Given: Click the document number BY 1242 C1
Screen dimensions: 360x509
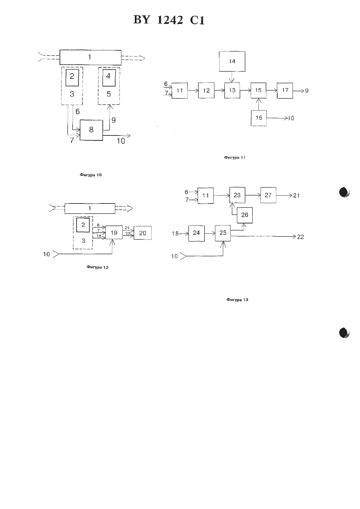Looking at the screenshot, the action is (x=169, y=20).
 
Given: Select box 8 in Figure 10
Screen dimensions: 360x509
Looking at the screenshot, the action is (x=91, y=130).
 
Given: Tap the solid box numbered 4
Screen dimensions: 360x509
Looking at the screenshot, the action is (x=109, y=78).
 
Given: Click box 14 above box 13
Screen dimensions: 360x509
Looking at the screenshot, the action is (x=232, y=61).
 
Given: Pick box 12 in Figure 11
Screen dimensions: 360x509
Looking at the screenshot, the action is (x=206, y=90).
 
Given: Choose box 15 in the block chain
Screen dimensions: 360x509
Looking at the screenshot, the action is (x=259, y=90).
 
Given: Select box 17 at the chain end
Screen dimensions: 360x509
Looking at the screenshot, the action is (x=285, y=90).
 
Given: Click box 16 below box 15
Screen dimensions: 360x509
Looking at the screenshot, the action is (x=259, y=118).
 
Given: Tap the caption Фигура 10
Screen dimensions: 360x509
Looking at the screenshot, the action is (x=90, y=175).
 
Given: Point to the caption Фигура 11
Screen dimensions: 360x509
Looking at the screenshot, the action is (x=235, y=157).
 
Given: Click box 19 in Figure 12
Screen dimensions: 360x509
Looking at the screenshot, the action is (x=114, y=233).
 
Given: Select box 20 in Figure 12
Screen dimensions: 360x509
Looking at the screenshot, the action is (x=142, y=233).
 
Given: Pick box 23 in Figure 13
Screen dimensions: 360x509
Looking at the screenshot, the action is (x=237, y=195).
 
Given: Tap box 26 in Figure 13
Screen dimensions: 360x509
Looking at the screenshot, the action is (x=244, y=215).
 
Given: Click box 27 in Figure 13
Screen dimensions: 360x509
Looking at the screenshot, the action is (x=268, y=195).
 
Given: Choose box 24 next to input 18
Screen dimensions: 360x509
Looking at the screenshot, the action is (x=196, y=233).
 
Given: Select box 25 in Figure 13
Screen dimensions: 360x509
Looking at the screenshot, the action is (x=223, y=233).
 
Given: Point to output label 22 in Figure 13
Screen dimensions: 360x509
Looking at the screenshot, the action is (x=300, y=237).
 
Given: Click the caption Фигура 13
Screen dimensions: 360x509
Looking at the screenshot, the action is (x=237, y=300).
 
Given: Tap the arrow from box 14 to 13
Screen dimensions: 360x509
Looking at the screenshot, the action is (x=232, y=77).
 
